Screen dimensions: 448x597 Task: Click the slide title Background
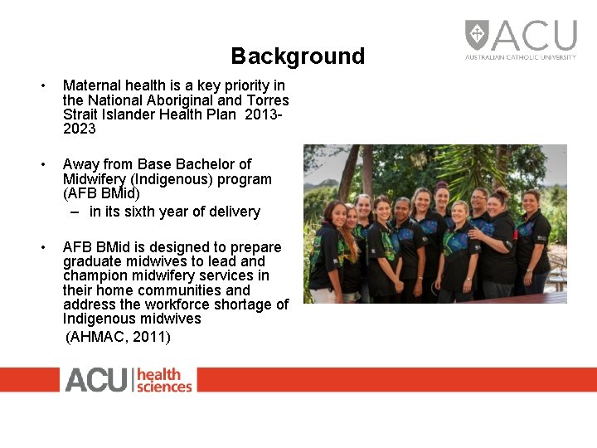tap(298, 56)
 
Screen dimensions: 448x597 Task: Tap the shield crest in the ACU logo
tap(477, 35)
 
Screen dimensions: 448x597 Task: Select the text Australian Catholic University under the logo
tap(520, 57)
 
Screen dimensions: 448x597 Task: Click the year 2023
tap(80, 129)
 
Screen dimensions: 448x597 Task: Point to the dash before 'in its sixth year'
tap(75, 212)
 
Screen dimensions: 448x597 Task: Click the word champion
tap(95, 275)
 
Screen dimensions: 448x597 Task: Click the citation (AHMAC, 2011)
tap(118, 336)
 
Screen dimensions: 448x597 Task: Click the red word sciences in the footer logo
tap(164, 386)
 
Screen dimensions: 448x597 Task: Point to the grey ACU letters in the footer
tap(95, 380)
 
